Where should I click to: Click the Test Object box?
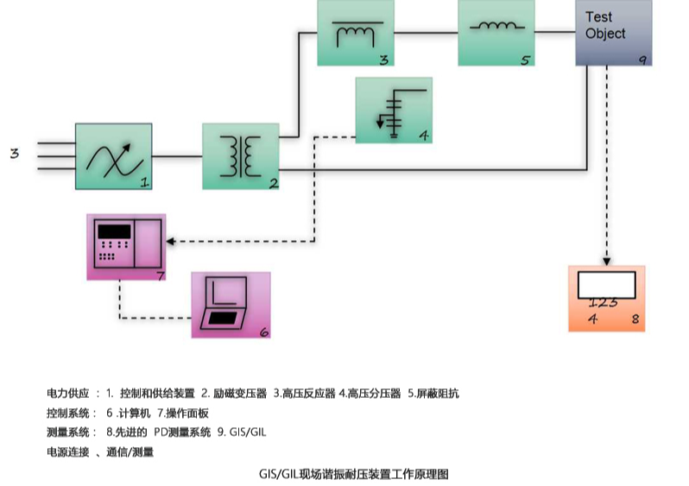(x=613, y=33)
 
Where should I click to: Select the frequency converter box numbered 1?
(x=114, y=156)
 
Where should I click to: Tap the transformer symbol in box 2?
(x=240, y=156)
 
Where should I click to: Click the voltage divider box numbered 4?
(x=394, y=110)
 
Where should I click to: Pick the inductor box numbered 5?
(x=496, y=33)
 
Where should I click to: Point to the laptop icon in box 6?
(x=224, y=302)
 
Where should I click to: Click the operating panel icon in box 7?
(x=128, y=243)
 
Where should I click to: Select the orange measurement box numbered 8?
(x=607, y=299)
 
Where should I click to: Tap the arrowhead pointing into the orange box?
(x=607, y=262)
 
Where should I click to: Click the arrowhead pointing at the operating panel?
(x=170, y=241)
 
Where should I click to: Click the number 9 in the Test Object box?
(x=642, y=60)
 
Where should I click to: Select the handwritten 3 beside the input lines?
(x=15, y=154)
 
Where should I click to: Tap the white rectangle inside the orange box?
(x=606, y=285)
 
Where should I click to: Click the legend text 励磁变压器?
(x=240, y=394)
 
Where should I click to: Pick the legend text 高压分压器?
(x=374, y=394)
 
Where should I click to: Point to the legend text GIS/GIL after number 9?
(x=248, y=432)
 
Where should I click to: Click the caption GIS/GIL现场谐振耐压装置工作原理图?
(x=354, y=475)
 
